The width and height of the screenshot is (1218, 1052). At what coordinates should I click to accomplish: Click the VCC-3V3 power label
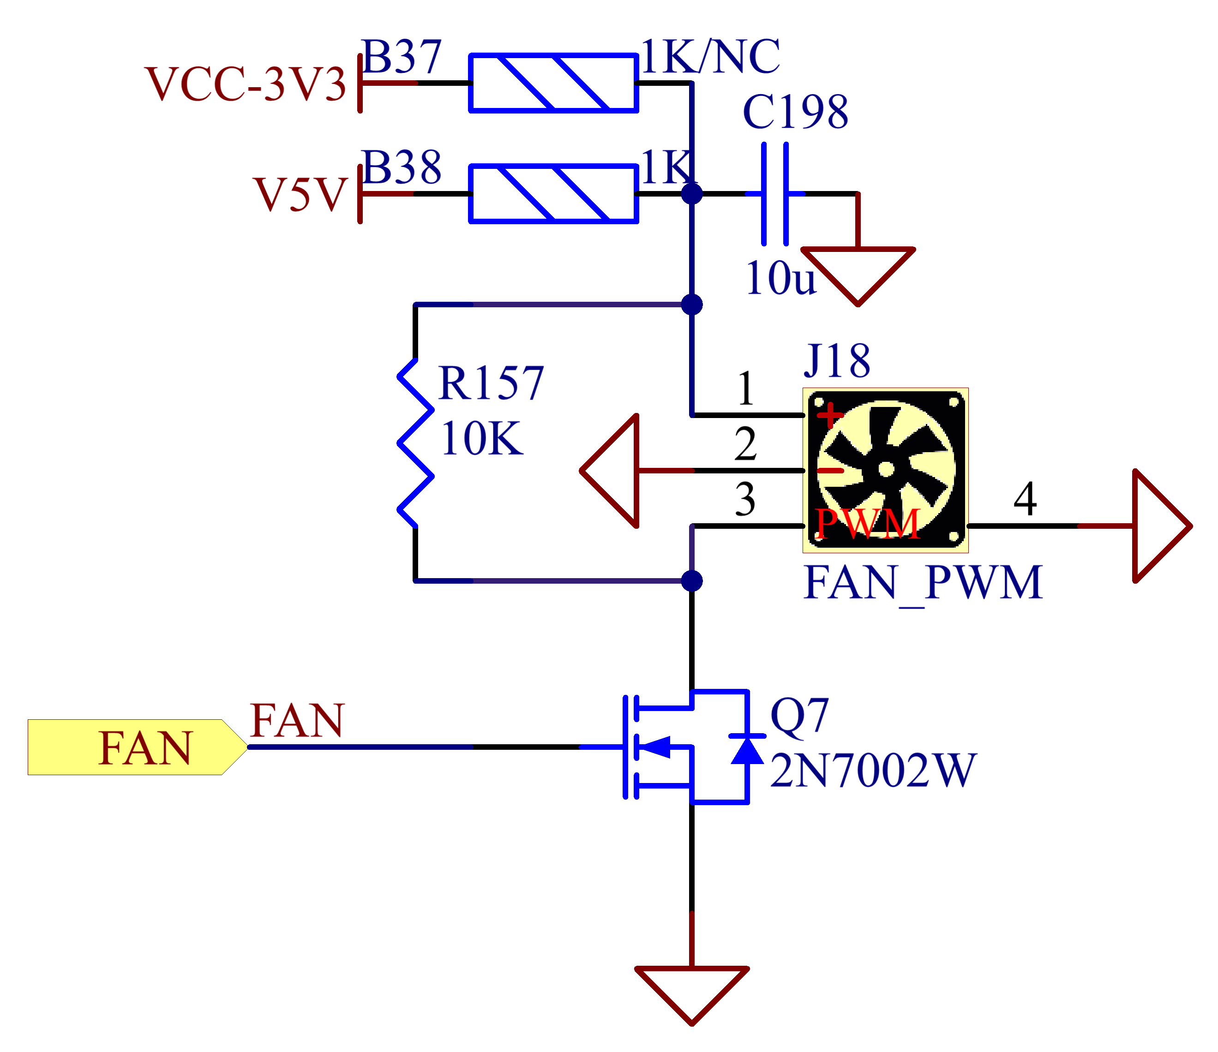(246, 84)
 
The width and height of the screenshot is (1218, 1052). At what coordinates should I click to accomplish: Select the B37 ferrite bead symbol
(553, 83)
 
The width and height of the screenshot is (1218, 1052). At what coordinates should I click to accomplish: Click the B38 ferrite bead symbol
(553, 193)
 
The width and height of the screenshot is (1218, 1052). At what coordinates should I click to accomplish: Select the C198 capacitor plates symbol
(775, 193)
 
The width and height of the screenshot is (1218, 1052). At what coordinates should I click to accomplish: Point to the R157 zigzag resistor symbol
(415, 443)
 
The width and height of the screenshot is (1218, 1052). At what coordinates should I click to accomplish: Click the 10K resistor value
(481, 438)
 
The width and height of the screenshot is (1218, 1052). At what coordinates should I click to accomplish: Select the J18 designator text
(837, 361)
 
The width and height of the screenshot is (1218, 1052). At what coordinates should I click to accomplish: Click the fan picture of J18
(885, 470)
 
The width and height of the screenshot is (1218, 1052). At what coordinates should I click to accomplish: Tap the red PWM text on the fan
(868, 523)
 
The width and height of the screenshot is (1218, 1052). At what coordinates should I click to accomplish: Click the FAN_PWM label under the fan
(924, 583)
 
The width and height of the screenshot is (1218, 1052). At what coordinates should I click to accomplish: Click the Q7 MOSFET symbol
(688, 747)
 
